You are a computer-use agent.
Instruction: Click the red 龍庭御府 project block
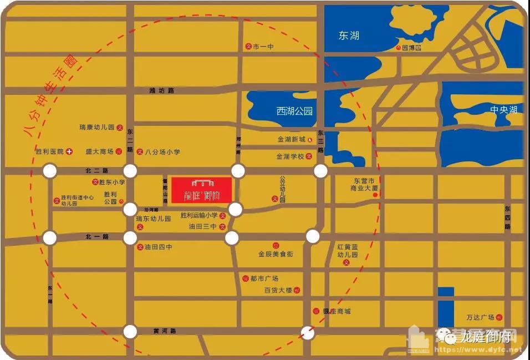click(201, 190)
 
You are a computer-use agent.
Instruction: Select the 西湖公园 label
click(294, 111)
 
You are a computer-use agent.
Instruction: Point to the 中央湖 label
click(503, 110)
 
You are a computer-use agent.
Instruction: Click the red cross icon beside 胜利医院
click(69, 151)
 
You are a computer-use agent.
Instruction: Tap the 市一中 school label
click(263, 47)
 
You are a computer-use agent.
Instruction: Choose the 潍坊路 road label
click(162, 90)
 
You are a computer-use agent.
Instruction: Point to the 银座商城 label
click(337, 312)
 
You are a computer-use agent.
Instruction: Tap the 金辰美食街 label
click(276, 254)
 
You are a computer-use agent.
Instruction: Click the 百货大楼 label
click(278, 290)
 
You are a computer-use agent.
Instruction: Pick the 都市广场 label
click(264, 278)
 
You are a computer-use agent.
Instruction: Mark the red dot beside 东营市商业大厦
click(375, 195)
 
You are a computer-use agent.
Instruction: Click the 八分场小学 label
click(162, 151)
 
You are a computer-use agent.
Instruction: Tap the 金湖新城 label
click(292, 140)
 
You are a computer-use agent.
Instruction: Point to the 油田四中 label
click(158, 247)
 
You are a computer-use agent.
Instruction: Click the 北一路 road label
click(97, 237)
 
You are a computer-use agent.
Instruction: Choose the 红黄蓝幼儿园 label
click(348, 251)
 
